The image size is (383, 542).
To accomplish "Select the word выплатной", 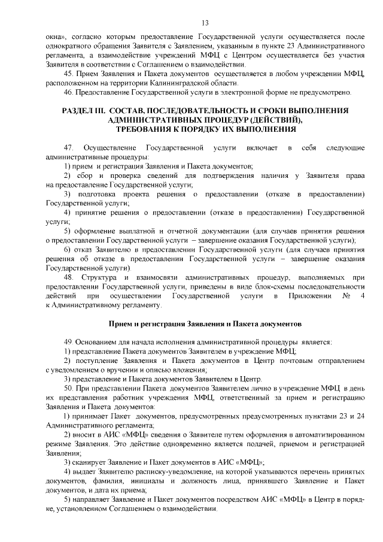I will pyautogui.click(x=133, y=231).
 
